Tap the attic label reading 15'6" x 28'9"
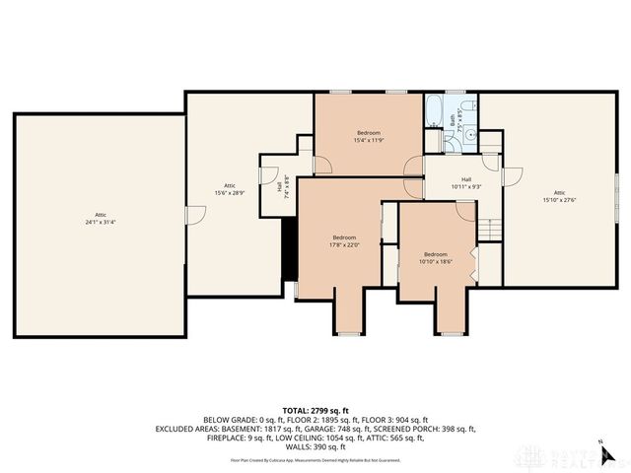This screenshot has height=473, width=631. (229, 189)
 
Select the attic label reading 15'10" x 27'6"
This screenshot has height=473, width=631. (559, 196)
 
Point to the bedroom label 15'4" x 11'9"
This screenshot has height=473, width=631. (368, 136)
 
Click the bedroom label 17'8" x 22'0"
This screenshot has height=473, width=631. (344, 240)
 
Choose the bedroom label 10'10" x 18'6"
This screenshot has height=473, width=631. (435, 257)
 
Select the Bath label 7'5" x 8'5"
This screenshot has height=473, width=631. (455, 120)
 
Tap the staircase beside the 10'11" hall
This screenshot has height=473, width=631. (490, 228)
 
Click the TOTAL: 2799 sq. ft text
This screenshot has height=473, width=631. (315, 410)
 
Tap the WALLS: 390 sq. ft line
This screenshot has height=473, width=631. (315, 446)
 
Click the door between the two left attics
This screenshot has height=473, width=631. (186, 214)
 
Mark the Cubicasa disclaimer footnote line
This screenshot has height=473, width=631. (315, 459)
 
